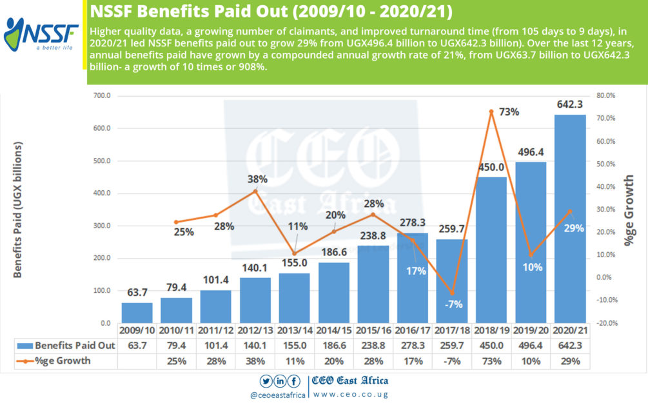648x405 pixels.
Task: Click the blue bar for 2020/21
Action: (570, 219)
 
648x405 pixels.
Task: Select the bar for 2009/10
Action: (137, 313)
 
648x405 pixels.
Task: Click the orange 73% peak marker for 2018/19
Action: (491, 112)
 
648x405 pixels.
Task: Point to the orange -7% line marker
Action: (452, 293)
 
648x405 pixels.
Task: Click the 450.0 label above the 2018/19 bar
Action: (491, 167)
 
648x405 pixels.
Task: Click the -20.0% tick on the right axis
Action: (607, 323)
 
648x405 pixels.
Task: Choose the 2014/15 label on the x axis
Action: (334, 331)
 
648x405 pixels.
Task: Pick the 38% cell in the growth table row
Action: (255, 361)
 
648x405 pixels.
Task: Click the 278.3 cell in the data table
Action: (413, 346)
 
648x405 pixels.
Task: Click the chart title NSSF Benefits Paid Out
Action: (271, 12)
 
